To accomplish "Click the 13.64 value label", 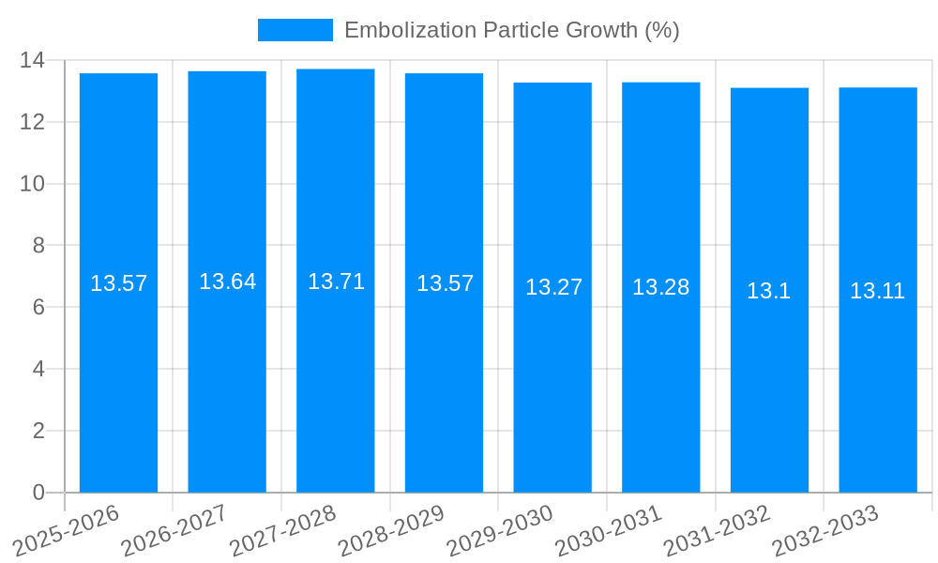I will [227, 281].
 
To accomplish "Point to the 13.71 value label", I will [336, 281].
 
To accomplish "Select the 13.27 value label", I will [553, 287].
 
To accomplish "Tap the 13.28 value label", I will [660, 287].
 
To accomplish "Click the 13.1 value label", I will [768, 291].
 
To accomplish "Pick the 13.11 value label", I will [877, 291].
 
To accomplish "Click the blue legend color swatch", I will [295, 30].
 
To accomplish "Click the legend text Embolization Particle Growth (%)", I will [511, 30].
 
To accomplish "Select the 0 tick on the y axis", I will [38, 493].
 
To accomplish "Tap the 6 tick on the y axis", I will [38, 307].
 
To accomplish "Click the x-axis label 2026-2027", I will [174, 531].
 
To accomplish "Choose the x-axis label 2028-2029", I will [390, 531].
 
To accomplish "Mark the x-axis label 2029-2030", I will [499, 531].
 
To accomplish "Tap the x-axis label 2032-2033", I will [825, 531].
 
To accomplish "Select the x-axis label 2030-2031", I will [608, 531].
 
